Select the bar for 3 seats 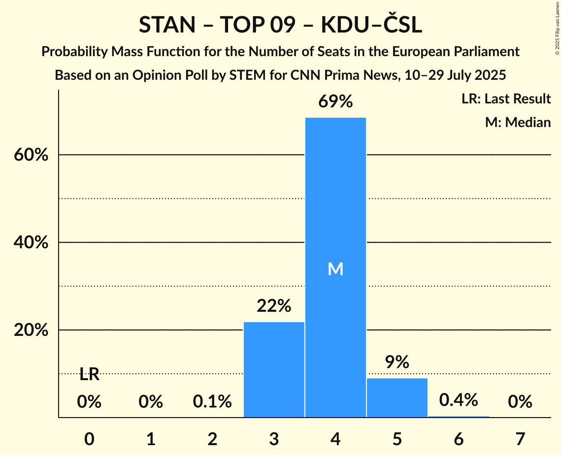[274, 369]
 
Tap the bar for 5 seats [397, 397]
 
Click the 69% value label [335, 102]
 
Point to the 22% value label [274, 306]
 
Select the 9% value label [397, 362]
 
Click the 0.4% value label [458, 400]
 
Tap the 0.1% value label [212, 402]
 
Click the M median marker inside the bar [335, 269]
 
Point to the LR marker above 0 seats [89, 375]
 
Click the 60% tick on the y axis [31, 155]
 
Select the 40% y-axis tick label [31, 243]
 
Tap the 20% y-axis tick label [31, 330]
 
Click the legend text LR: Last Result [506, 99]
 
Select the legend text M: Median [518, 122]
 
